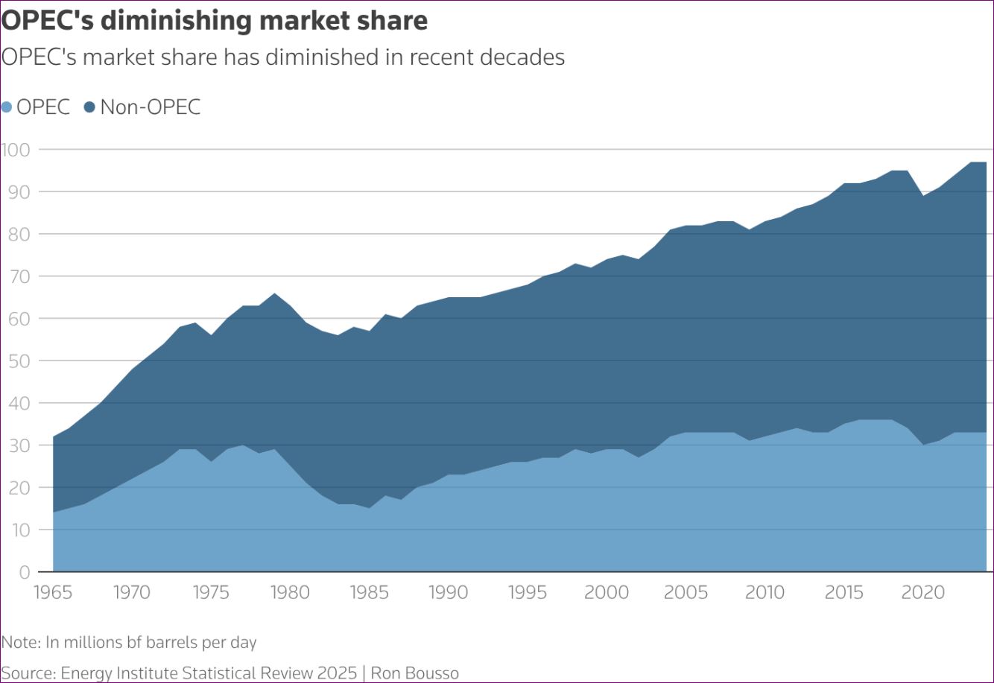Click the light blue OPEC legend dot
tap(7, 107)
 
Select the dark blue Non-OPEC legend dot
tap(90, 107)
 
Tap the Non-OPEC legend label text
tap(151, 107)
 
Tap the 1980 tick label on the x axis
tap(290, 593)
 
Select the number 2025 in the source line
tap(337, 673)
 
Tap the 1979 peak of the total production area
tap(274, 293)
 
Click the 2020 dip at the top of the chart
tap(923, 196)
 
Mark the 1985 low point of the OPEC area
tap(369, 508)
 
